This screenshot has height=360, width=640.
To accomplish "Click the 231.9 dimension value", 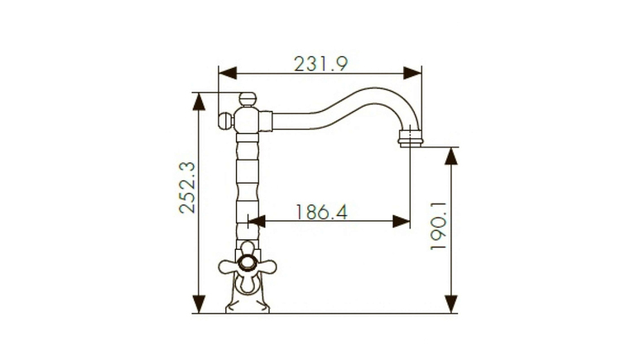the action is [x=320, y=64].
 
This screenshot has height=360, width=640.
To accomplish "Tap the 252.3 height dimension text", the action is [x=187, y=188].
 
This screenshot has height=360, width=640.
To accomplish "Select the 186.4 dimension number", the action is [x=321, y=212].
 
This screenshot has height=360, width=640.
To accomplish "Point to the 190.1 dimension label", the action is [x=439, y=226].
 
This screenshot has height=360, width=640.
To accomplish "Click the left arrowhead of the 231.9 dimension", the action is [x=228, y=74].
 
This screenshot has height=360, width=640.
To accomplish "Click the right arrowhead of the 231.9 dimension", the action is [x=412, y=74].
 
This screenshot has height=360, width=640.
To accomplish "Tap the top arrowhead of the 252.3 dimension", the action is [x=199, y=102].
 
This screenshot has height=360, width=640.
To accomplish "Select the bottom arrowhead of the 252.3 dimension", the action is [x=199, y=304].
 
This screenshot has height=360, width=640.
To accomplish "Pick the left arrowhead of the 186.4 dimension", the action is [x=257, y=221].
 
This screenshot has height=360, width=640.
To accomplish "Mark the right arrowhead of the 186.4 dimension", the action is [x=402, y=221].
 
